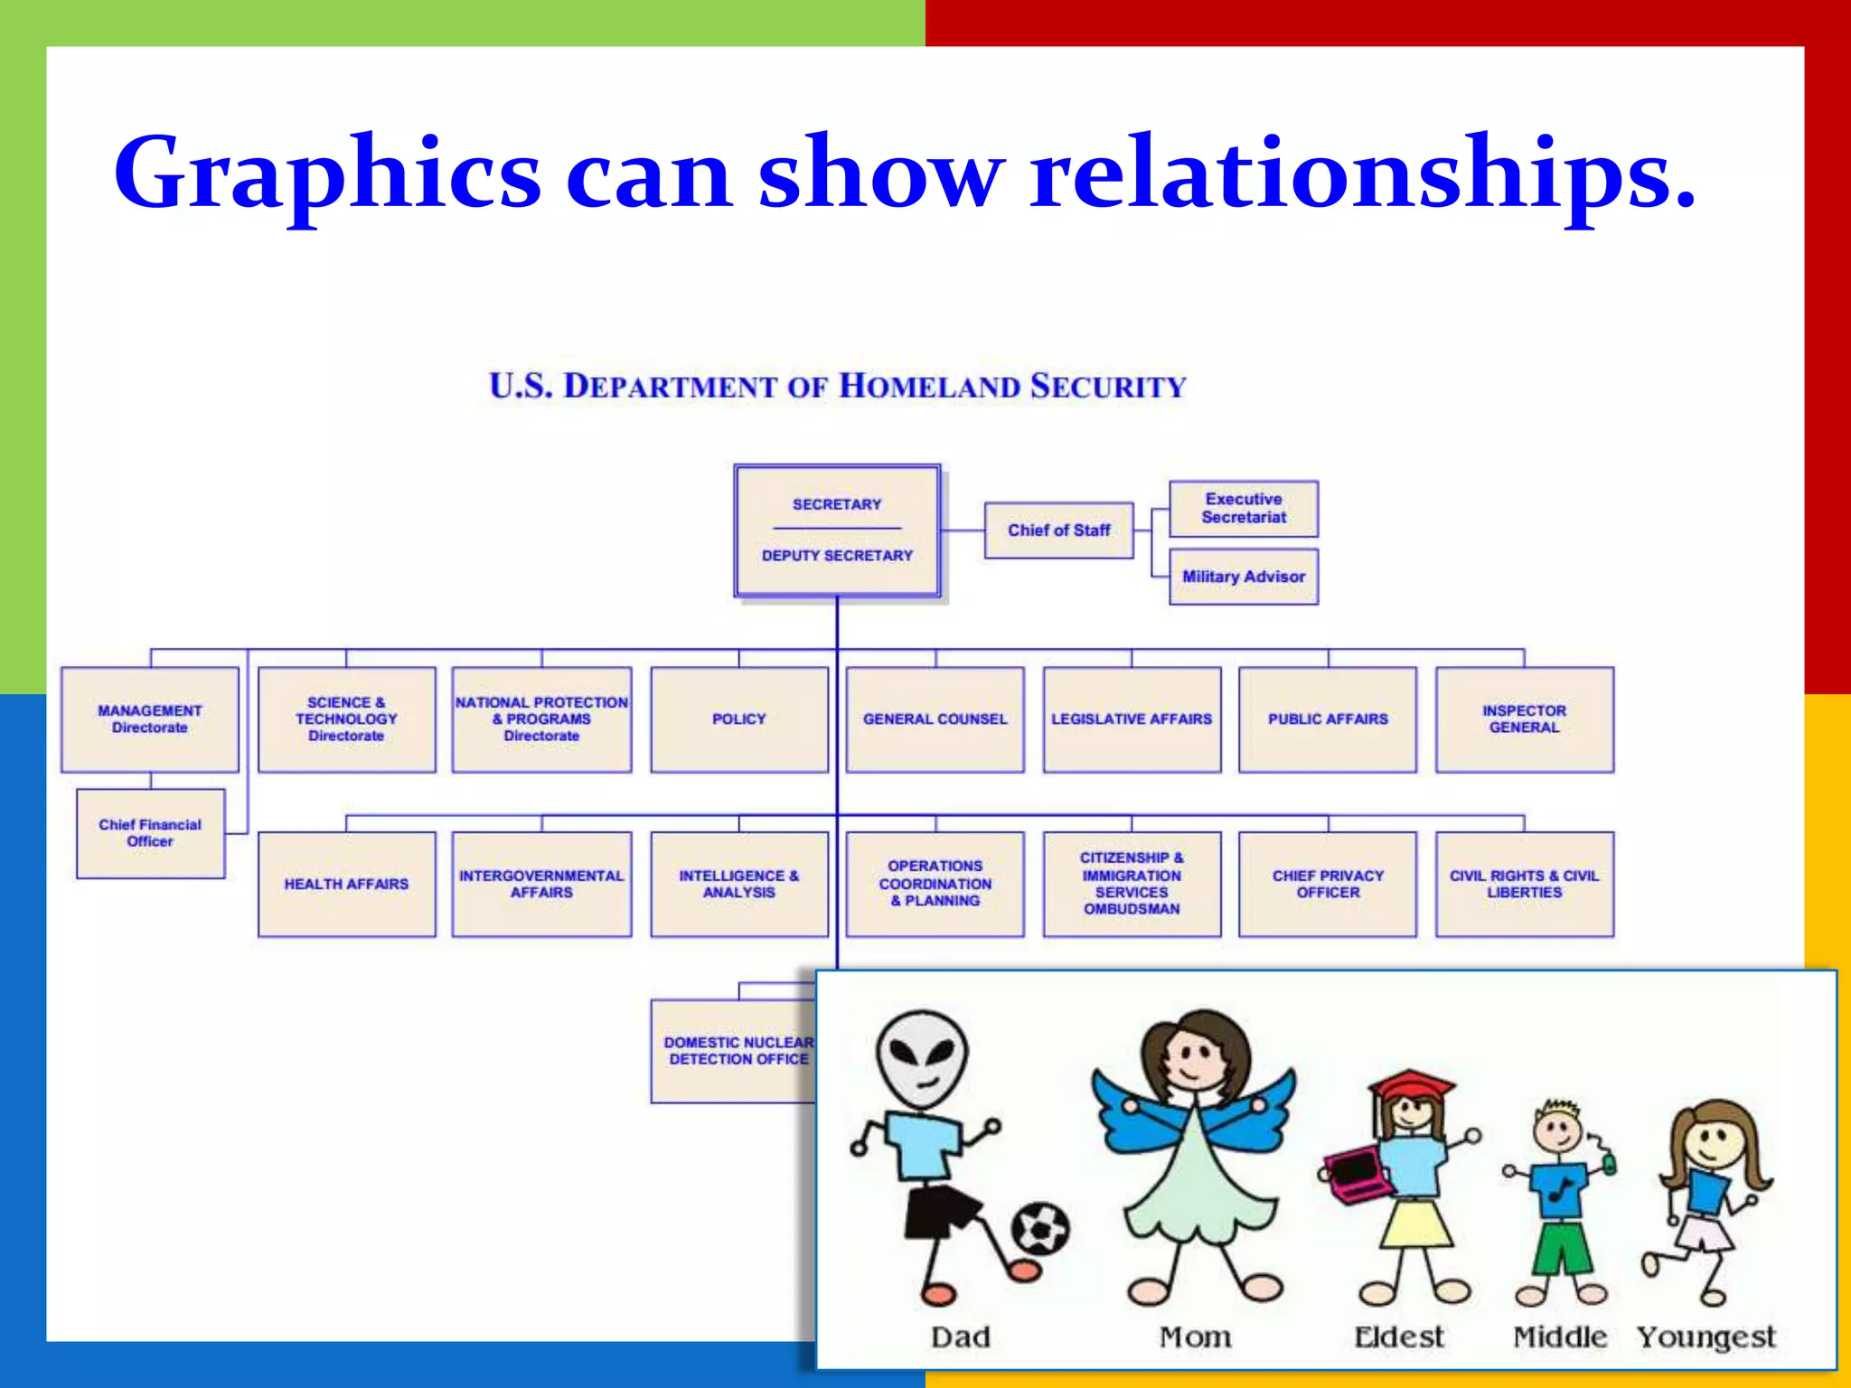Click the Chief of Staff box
tap(1058, 530)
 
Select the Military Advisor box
tap(1244, 577)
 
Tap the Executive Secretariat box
tap(1244, 509)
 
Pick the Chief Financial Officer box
tap(150, 833)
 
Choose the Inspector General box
tap(1524, 719)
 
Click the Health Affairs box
tap(346, 884)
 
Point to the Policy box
tap(738, 719)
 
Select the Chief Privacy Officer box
tap(1328, 884)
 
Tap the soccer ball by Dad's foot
tap(1040, 1228)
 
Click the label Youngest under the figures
tap(1706, 1336)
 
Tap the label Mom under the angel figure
tap(1195, 1336)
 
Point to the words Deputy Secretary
tap(837, 556)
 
